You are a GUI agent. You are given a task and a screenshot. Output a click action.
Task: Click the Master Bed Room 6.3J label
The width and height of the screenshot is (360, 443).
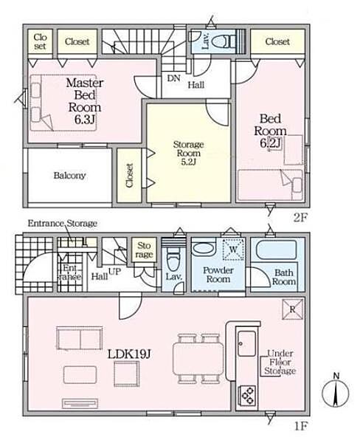[x=84, y=101]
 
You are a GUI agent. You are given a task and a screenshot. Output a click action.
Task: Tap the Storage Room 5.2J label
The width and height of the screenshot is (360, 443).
[x=188, y=153]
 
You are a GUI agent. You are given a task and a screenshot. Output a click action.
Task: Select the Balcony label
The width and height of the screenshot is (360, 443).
[x=69, y=176]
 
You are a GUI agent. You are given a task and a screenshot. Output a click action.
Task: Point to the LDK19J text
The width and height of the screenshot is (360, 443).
[x=129, y=354]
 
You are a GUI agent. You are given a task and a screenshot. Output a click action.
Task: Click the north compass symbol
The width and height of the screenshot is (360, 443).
[x=336, y=391]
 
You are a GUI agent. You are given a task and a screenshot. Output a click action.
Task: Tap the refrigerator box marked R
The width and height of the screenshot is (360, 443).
[x=293, y=309]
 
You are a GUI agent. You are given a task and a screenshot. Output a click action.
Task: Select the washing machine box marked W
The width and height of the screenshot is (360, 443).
[x=233, y=250]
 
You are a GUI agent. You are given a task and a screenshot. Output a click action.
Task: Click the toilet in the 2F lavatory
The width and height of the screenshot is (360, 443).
[x=224, y=42]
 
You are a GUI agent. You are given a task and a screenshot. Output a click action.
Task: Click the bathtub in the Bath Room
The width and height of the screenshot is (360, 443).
[x=276, y=250]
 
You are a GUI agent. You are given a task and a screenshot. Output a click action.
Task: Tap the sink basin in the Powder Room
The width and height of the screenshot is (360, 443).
[x=202, y=248]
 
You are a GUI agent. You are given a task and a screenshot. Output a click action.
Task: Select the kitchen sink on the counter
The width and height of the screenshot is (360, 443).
[x=246, y=343]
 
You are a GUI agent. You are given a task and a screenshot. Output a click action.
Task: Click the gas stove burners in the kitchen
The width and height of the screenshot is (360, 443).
[x=248, y=395]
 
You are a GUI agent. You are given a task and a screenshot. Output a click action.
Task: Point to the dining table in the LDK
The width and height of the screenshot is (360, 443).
[x=198, y=359]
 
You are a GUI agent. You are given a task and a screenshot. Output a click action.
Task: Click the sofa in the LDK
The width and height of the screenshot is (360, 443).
[x=80, y=338]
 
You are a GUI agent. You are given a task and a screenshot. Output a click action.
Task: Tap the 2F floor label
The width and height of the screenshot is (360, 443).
[x=300, y=218]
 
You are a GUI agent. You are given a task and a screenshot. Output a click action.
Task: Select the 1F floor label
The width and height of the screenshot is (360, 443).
[x=300, y=426]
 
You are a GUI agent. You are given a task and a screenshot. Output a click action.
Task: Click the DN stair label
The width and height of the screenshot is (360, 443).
[x=173, y=78]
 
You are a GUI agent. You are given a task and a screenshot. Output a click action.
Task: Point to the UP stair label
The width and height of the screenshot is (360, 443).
[x=114, y=272]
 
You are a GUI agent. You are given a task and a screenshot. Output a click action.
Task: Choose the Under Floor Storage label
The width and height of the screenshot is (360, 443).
[x=280, y=363]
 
